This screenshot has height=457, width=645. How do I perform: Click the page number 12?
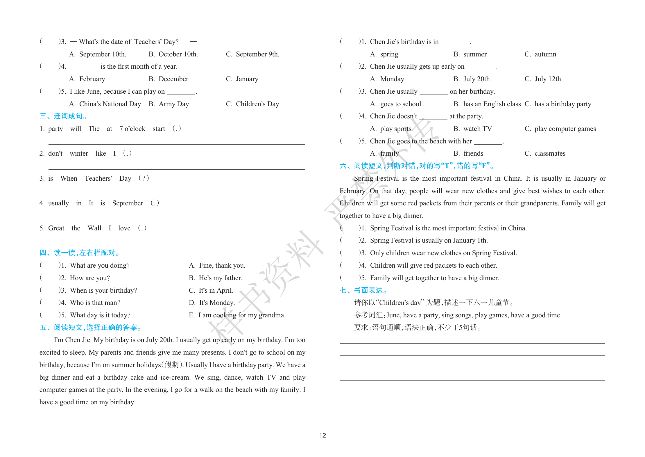click(x=322, y=435)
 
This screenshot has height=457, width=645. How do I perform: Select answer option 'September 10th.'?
click(x=103, y=54)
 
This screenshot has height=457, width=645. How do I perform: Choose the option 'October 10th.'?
click(x=178, y=54)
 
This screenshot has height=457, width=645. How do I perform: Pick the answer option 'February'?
click(x=92, y=79)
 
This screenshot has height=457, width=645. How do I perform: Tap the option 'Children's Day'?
click(x=257, y=104)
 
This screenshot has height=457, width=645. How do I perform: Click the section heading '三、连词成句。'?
click(x=63, y=116)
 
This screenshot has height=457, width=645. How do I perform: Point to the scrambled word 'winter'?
click(x=79, y=154)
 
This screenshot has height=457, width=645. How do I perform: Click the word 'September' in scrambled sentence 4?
click(x=128, y=203)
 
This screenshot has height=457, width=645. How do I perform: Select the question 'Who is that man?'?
click(x=95, y=303)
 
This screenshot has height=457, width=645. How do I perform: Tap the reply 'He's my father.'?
click(x=220, y=278)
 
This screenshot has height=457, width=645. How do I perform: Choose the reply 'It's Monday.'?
click(x=217, y=303)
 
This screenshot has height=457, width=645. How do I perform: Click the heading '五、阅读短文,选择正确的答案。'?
click(x=91, y=328)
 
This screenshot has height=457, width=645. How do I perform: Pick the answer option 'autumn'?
click(x=545, y=54)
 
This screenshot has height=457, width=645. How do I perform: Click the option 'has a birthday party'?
click(x=562, y=104)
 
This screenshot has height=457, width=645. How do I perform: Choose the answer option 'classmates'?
click(x=550, y=154)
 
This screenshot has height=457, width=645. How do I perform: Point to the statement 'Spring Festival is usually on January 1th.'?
click(x=429, y=241)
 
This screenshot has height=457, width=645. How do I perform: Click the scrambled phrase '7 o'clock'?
click(x=132, y=129)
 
